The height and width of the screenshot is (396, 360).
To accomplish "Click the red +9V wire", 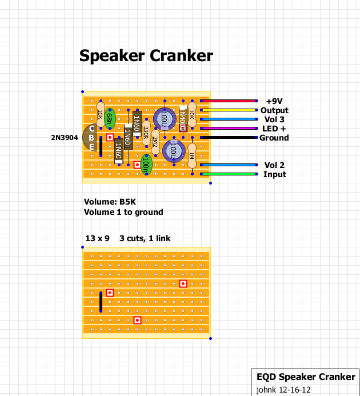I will pyautogui.click(x=229, y=101).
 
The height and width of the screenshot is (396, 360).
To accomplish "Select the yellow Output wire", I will pyautogui.click(x=229, y=110).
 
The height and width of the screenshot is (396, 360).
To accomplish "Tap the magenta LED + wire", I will pyautogui.click(x=229, y=128).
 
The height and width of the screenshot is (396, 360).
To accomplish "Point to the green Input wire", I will pyautogui.click(x=229, y=174).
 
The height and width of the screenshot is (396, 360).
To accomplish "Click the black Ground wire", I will pyautogui.click(x=229, y=137).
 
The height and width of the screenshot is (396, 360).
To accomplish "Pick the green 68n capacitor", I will pyautogui.click(x=110, y=119).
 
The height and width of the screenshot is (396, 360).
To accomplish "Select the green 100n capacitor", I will pyautogui.click(x=146, y=164).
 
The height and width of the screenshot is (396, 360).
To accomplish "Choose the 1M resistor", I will pyautogui.click(x=192, y=155).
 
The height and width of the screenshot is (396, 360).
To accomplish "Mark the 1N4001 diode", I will pyautogui.click(x=183, y=118).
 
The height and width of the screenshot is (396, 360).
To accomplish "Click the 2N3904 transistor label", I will pyautogui.click(x=64, y=138).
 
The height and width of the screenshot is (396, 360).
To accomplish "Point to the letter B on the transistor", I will pyautogui.click(x=92, y=138).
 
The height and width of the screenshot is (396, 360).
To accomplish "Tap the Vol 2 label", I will pyautogui.click(x=274, y=165).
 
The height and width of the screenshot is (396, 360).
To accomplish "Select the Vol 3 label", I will pyautogui.click(x=274, y=119).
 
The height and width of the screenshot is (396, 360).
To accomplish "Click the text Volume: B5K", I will pyautogui.click(x=109, y=202).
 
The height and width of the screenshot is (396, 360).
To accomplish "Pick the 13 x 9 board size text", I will pyautogui.click(x=97, y=238).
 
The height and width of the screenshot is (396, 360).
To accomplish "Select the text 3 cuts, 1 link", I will pyautogui.click(x=145, y=238).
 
